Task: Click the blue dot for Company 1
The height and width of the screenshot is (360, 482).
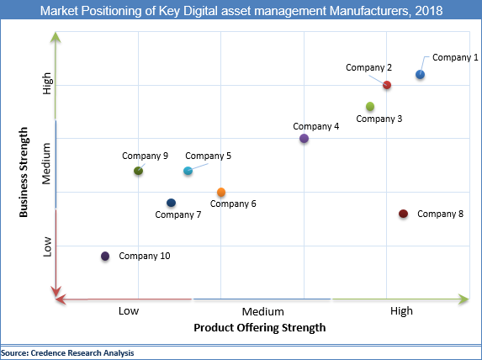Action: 420,75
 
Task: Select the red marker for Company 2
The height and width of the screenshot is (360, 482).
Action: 387,85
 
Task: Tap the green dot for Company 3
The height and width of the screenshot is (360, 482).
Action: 370,106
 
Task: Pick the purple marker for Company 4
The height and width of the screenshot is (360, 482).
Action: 304,139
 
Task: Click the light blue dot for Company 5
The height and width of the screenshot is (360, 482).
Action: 188,171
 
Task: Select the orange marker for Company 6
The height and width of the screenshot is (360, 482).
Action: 221,193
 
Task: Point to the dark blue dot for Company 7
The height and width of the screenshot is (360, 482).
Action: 172,203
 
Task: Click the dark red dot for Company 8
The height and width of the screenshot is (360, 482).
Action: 403,214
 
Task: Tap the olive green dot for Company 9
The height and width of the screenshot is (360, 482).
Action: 139,171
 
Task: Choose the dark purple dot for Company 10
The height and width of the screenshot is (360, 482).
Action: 105,256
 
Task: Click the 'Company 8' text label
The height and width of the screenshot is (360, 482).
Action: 440,214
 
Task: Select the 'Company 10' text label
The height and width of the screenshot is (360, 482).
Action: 145,256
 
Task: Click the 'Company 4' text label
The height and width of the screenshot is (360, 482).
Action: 316,126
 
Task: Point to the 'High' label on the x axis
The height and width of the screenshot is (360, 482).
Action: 402,311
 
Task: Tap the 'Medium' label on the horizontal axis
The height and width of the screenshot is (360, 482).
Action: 262,311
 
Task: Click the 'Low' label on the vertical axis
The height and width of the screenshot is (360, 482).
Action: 47,246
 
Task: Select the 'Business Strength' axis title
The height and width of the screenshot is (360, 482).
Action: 24,172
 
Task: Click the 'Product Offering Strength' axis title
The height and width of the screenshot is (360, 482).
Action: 259,327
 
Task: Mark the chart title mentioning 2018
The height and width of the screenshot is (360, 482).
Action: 241,10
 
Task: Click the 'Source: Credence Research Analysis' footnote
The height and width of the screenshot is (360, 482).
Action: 67,352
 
